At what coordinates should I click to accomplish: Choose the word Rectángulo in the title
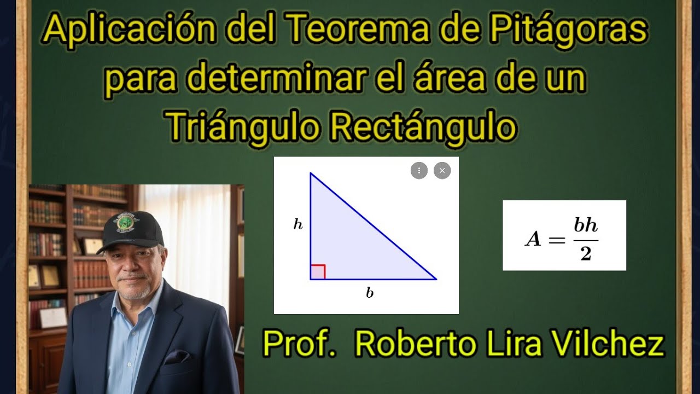(423, 127)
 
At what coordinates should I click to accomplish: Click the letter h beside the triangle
(298, 224)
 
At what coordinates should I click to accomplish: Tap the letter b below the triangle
(370, 293)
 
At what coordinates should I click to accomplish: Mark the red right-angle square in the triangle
(318, 272)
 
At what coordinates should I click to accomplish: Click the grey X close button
(442, 171)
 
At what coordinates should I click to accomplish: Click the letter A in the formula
(533, 239)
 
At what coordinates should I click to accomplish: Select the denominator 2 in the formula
(586, 253)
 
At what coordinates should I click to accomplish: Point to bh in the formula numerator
(586, 226)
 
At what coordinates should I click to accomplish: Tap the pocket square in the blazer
(177, 356)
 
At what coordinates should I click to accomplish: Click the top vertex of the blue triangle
(311, 173)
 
